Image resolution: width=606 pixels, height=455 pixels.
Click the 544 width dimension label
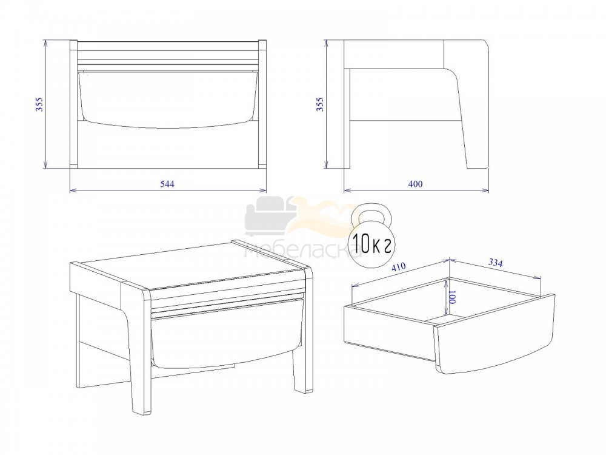click(167, 184)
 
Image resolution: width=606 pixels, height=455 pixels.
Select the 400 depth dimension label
click(416, 184)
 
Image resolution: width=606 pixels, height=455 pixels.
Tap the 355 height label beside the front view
click(40, 104)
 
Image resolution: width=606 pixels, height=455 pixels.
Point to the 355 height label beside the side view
click(321, 104)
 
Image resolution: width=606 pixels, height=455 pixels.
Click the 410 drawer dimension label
click(399, 268)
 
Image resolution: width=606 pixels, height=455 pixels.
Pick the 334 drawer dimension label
click(496, 263)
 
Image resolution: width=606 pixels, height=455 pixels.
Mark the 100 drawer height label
click(453, 297)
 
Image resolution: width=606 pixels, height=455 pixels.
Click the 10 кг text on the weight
click(371, 244)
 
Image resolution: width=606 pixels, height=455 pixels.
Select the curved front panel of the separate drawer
click(494, 337)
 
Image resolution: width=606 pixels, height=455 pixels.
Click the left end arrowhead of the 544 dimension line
click(73, 190)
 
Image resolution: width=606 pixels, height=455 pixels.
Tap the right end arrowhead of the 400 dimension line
click(485, 190)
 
